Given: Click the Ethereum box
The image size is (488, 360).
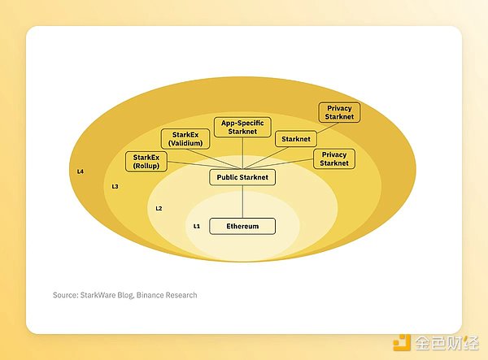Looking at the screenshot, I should pos(242,226).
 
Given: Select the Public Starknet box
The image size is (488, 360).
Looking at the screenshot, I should pos(242,176).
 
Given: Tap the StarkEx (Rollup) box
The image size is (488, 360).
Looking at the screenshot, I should pos(146,161).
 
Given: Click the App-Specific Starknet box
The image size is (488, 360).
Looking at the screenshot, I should pos(242,128).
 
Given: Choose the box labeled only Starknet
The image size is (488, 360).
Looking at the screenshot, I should pos(295,139).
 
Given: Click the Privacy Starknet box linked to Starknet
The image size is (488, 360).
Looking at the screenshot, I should pos(339,113).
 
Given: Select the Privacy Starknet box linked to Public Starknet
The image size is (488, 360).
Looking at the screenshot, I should pos(334,158).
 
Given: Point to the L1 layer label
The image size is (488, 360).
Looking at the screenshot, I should pos(196,226).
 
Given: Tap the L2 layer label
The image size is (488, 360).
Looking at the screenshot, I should pos(159,209).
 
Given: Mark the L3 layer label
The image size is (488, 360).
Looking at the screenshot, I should pos(115,187).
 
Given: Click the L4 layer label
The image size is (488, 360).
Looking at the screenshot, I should pos(81,172).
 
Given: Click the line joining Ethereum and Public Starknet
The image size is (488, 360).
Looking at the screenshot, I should pos(242,202).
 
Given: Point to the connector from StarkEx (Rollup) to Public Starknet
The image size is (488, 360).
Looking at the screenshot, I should pos(189,167).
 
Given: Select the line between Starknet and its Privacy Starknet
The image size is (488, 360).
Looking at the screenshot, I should pos(313,128).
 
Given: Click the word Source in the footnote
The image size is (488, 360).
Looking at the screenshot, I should pos(66,295).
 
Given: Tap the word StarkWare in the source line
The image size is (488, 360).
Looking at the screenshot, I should pos(104,295).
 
